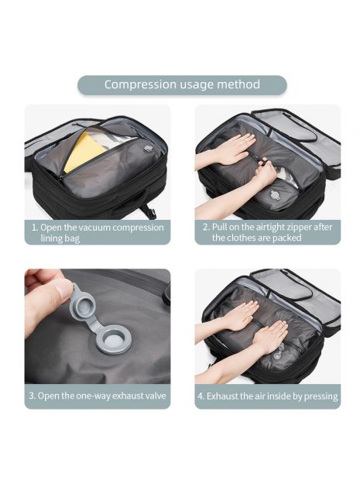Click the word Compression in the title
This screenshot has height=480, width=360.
point(140,85)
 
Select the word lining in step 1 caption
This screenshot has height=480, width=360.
point(51,238)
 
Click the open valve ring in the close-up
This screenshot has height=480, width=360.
point(112,340)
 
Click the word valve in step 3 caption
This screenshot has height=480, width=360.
point(156,396)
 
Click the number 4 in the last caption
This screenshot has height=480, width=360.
point(201,396)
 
